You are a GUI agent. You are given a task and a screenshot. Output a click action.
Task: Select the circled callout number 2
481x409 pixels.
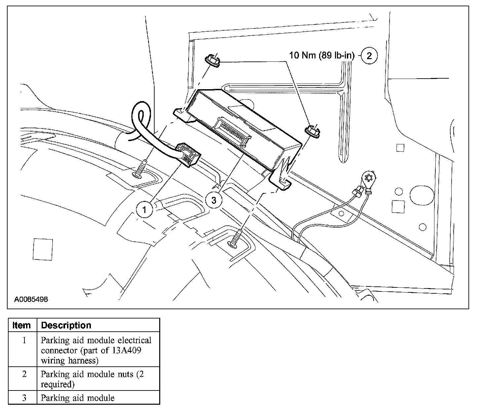pyautogui.click(x=369, y=56)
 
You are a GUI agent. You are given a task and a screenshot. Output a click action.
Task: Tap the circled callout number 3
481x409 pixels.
pyautogui.click(x=214, y=200)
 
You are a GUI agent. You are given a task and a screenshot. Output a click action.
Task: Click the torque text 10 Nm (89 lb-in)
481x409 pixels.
pyautogui.click(x=321, y=55)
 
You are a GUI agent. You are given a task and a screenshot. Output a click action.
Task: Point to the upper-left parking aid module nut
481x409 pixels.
pyautogui.click(x=212, y=61)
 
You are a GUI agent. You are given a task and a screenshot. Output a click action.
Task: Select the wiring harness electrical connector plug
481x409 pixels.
pyautogui.click(x=189, y=154)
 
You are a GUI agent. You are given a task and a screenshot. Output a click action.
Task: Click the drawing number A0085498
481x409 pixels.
pyautogui.click(x=31, y=299)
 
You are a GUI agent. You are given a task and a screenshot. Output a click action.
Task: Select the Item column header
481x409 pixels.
pyautogui.click(x=21, y=325)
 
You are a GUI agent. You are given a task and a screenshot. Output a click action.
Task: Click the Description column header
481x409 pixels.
pyautogui.click(x=66, y=325)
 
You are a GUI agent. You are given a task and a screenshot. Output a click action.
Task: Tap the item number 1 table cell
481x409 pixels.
pyautogui.click(x=24, y=340)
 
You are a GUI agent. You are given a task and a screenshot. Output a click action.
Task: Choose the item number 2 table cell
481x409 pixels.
pyautogui.click(x=24, y=374)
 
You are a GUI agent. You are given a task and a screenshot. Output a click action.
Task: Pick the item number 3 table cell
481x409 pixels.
pyautogui.click(x=24, y=398)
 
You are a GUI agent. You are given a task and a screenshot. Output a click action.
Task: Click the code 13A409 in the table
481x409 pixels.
pyautogui.click(x=124, y=350)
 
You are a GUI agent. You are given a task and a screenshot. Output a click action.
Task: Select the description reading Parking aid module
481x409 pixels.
pyautogui.click(x=78, y=398)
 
